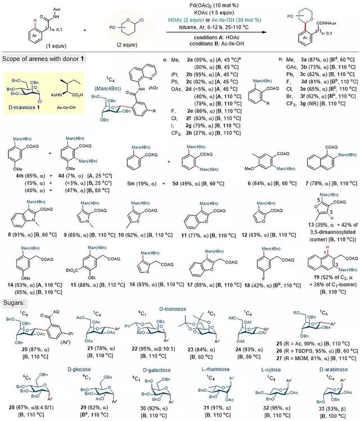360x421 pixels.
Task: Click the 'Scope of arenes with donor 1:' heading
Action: (x=43, y=59)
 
